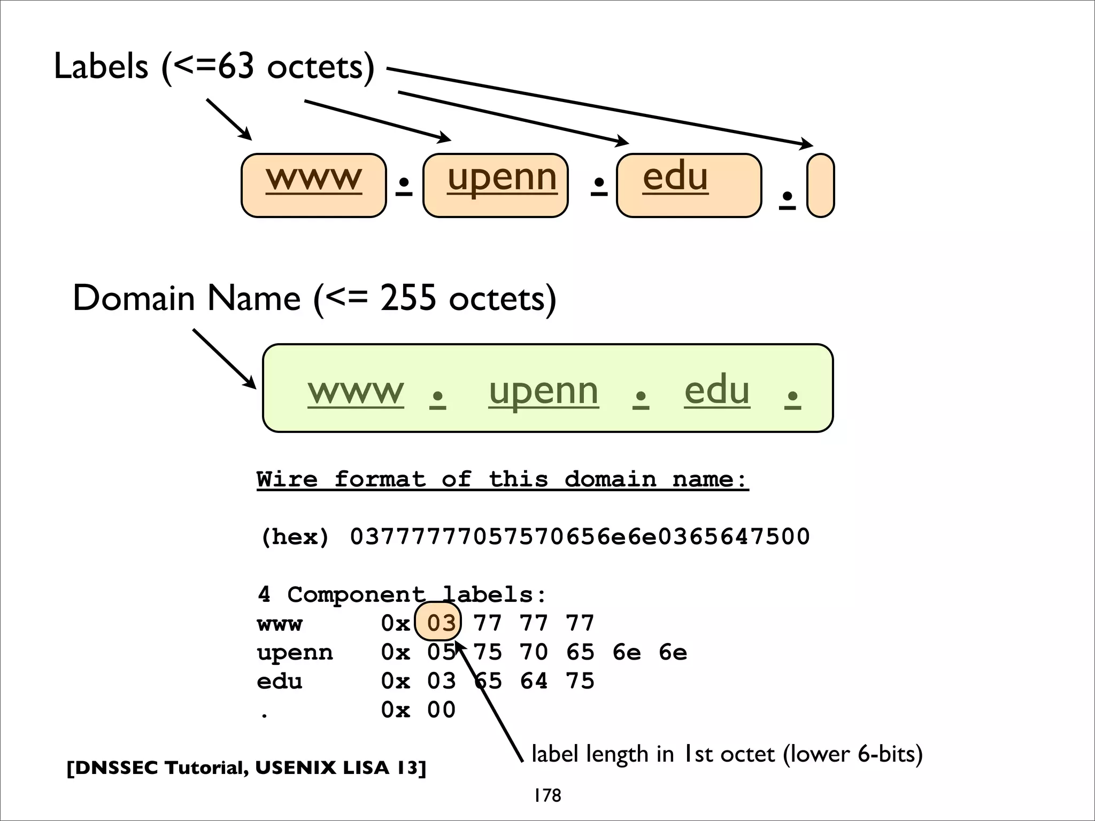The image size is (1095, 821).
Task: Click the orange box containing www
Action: [313, 185]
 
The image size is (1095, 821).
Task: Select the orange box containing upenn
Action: [495, 185]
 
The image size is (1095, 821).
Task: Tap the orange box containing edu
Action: [689, 185]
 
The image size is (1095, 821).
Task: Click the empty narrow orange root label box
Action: [820, 185]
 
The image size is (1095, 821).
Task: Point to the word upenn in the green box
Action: [543, 391]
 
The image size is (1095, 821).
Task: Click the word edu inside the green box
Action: [716, 390]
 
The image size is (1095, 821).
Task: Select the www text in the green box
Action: [356, 391]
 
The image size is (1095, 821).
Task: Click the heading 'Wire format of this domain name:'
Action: [503, 479]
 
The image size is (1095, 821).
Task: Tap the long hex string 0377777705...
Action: [580, 536]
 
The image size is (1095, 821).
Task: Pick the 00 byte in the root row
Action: [441, 710]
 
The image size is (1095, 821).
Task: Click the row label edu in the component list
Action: [279, 681]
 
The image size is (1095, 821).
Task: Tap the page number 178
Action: [547, 795]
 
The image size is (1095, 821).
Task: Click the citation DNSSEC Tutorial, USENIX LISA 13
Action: [246, 768]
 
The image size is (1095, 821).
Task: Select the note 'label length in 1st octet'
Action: [727, 754]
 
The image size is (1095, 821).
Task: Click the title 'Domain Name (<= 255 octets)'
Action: [314, 298]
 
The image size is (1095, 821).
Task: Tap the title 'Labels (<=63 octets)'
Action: [214, 67]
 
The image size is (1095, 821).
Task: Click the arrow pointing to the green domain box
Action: [225, 358]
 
